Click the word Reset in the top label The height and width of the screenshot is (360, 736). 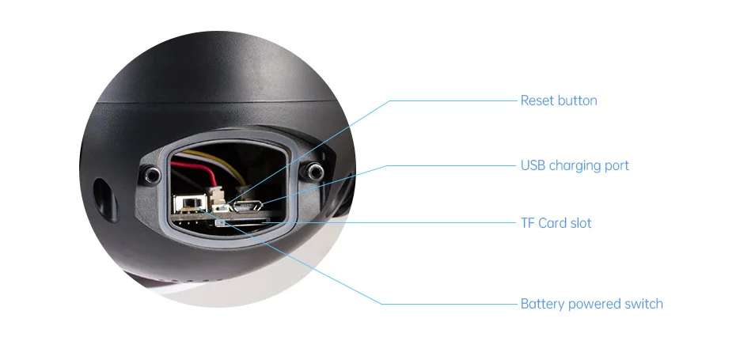click(x=537, y=100)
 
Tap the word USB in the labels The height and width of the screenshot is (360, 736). click(x=533, y=165)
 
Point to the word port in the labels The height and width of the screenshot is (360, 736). click(x=616, y=166)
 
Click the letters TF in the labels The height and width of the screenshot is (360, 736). click(x=527, y=223)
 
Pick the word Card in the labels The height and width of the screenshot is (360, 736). click(x=553, y=223)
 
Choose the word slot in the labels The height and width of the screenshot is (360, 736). click(x=582, y=223)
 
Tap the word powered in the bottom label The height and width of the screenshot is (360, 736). click(x=593, y=305)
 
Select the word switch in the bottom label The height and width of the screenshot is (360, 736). click(x=643, y=304)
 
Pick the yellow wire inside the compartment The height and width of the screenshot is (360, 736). click(x=237, y=162)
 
